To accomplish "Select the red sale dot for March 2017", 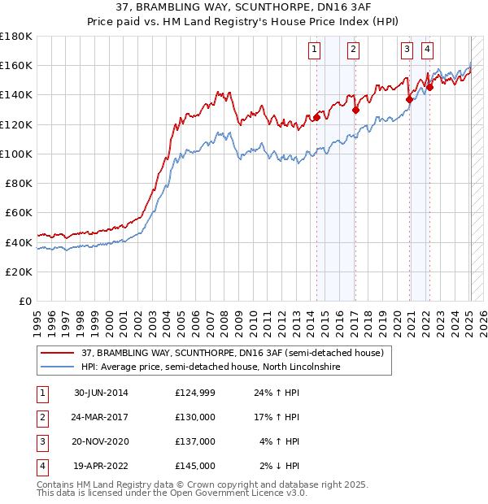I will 355,110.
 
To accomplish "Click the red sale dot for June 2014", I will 316,117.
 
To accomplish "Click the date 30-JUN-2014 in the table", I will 101,393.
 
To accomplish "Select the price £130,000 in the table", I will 194,417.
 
